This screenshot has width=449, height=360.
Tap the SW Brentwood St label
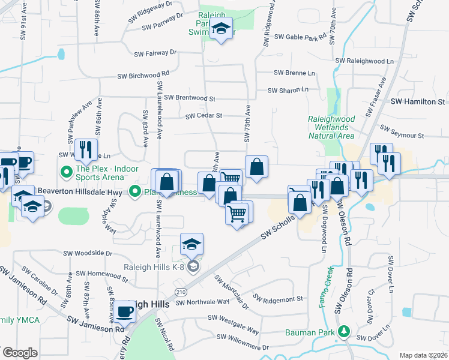(190, 97)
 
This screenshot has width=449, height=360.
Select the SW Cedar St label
(204, 115)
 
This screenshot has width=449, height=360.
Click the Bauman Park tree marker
(344, 331)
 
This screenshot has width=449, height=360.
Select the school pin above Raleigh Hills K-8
(191, 244)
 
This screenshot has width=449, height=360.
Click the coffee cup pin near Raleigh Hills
(125, 311)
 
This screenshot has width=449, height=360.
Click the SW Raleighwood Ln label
(364, 61)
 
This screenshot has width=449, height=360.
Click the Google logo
(19, 353)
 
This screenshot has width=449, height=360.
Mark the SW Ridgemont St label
(278, 298)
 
